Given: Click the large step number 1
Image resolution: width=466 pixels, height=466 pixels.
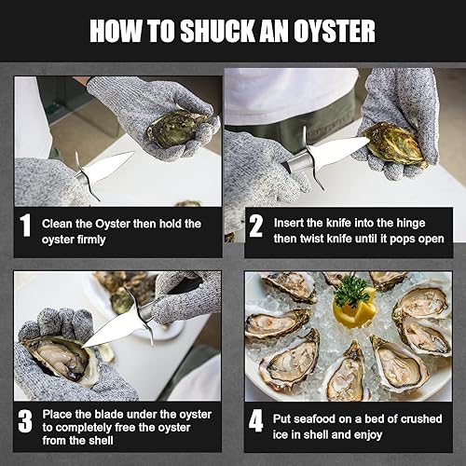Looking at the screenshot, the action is click(x=26, y=225).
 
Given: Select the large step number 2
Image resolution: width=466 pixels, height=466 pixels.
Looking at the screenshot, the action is click(x=256, y=226).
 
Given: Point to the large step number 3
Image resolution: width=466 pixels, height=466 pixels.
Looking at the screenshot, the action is click(x=25, y=421).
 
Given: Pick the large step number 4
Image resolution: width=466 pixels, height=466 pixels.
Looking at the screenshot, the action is click(x=256, y=421).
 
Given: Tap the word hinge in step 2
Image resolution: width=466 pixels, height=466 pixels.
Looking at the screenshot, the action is click(x=410, y=224).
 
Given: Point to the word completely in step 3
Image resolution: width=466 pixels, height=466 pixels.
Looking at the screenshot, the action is click(x=84, y=428).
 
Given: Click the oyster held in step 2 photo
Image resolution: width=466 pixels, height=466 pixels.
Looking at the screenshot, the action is click(x=395, y=145).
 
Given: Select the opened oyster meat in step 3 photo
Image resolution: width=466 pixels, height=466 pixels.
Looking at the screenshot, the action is click(x=63, y=360).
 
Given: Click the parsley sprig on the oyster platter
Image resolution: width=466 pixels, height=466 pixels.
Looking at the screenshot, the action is click(x=351, y=291).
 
